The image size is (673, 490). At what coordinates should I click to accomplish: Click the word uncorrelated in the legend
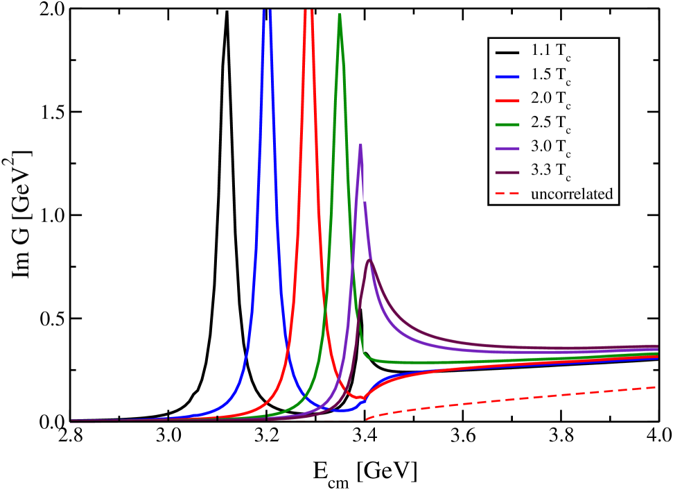tap(572, 194)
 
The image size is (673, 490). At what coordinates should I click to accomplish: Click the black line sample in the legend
tap(508, 52)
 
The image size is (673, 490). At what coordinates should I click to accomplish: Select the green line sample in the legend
tap(508, 124)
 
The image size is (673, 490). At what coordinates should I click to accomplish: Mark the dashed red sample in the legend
tap(508, 194)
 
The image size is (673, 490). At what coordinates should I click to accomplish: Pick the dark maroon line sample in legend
tap(508, 171)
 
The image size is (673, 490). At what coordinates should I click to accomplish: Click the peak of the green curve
tap(339, 15)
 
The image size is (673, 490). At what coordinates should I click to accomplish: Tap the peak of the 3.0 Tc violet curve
tap(360, 144)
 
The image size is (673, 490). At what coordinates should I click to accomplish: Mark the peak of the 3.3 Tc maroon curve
tap(370, 260)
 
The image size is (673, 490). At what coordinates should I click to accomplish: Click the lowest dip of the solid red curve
tap(360, 398)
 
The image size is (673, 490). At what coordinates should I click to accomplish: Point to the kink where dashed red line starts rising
tap(365, 419)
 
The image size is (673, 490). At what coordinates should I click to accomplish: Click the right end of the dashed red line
tap(655, 387)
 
